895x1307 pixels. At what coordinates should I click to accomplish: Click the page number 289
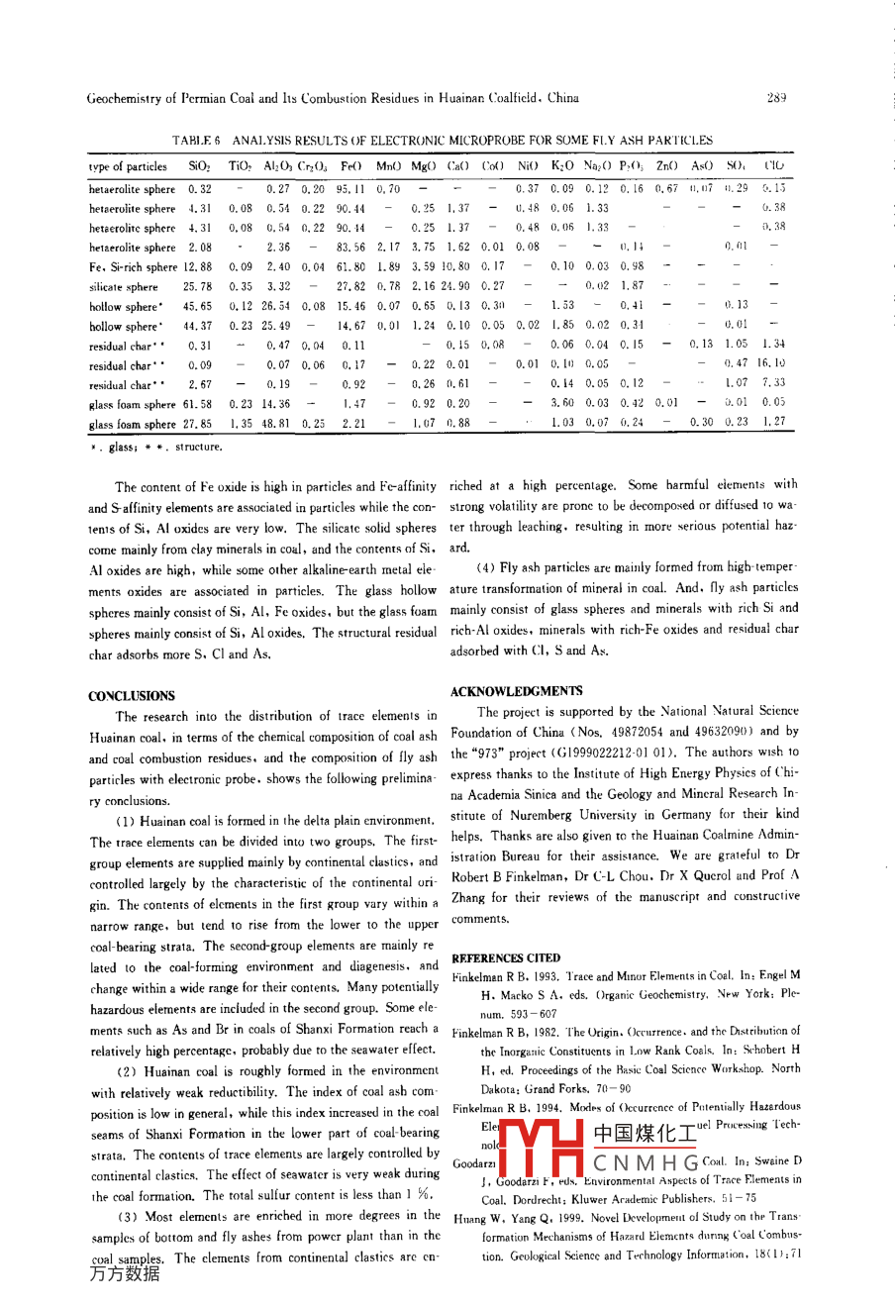pos(775,98)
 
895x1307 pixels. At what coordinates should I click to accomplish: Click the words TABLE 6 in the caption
pos(196,141)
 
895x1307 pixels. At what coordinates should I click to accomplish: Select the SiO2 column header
pos(199,166)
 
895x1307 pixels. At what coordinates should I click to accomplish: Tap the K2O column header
pos(562,166)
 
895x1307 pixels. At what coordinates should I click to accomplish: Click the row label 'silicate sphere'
pos(124,287)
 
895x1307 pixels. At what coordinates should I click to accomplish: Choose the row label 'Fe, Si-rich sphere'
pos(133,267)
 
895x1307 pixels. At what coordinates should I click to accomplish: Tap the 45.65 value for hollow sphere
pos(199,307)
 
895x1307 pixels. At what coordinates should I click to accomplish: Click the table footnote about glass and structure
pos(155,448)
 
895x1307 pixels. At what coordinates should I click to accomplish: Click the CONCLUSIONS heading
pos(132,696)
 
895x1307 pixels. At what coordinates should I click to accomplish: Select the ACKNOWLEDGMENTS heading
pos(516,691)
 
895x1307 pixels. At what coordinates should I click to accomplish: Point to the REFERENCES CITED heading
pos(506,958)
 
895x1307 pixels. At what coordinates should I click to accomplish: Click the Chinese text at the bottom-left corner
pos(124,1273)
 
